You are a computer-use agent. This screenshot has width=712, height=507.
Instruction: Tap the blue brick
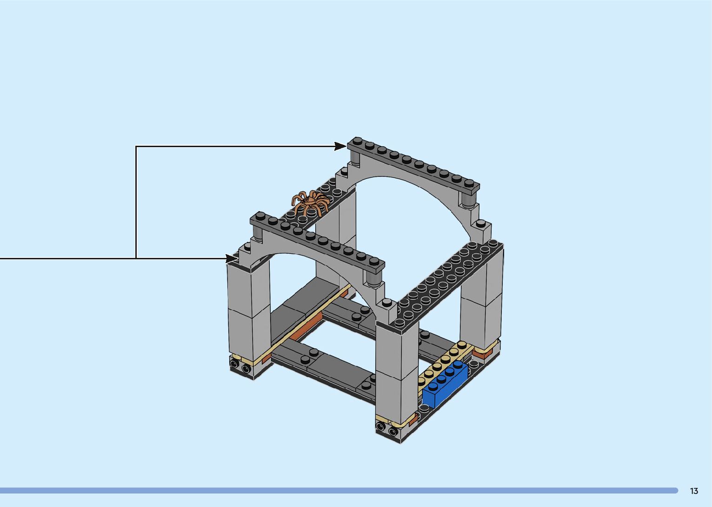445,384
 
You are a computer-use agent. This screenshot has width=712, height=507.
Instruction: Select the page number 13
694,491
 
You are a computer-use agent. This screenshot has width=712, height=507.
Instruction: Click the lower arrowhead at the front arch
232,258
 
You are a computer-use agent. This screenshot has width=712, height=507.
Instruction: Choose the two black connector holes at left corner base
240,365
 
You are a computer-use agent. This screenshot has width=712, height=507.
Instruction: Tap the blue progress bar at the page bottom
339,490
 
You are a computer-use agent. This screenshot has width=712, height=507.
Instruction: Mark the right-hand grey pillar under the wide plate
481,301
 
